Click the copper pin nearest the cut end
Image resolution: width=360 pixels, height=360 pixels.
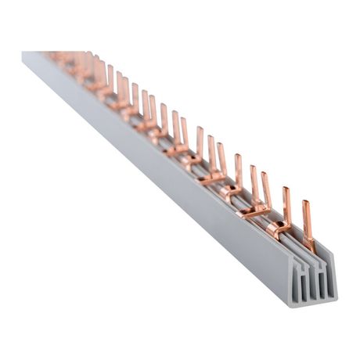[308, 227]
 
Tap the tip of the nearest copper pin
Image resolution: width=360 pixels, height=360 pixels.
[306, 201]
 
